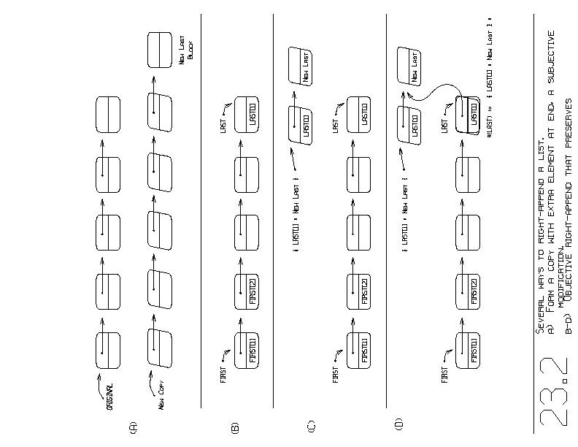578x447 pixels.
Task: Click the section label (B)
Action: pos(235,427)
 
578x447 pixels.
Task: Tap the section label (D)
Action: pos(398,423)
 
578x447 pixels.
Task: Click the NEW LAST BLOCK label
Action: pos(188,53)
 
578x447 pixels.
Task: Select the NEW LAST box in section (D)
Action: pos(410,65)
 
